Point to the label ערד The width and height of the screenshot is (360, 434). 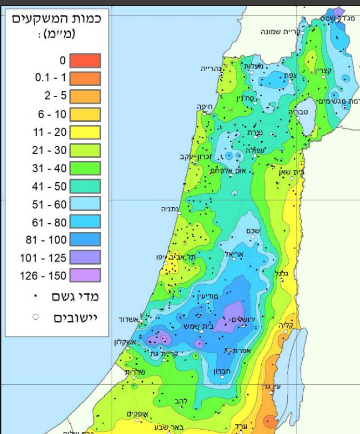pos(241,426)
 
